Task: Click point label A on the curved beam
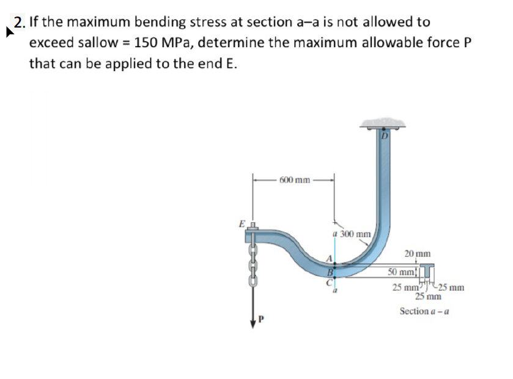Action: coord(330,259)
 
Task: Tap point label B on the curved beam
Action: coord(330,271)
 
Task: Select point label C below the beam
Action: coord(328,283)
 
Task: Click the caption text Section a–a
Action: coord(424,311)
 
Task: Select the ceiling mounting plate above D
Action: coord(384,124)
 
